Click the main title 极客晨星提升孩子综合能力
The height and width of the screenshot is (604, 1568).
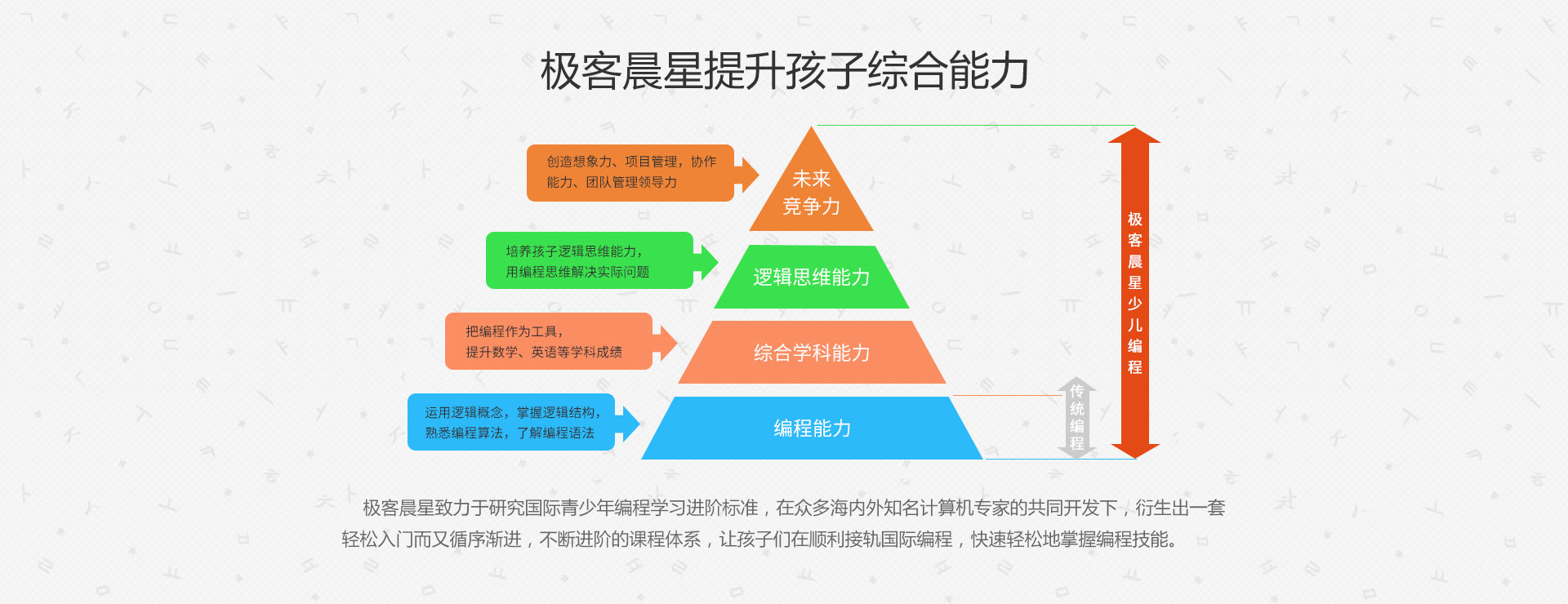[x=784, y=70]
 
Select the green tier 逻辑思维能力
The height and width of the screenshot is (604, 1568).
[x=811, y=277]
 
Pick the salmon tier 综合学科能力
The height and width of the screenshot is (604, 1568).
[x=812, y=353]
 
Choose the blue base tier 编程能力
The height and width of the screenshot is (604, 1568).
[x=812, y=428]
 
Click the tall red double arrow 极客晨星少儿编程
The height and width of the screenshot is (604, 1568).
[x=1134, y=292]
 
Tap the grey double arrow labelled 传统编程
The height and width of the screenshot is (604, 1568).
[x=1076, y=417]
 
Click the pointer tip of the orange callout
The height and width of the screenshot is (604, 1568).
[x=759, y=173]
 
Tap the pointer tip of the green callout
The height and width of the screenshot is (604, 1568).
[x=718, y=261]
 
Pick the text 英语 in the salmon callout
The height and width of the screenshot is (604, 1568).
[x=544, y=352]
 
